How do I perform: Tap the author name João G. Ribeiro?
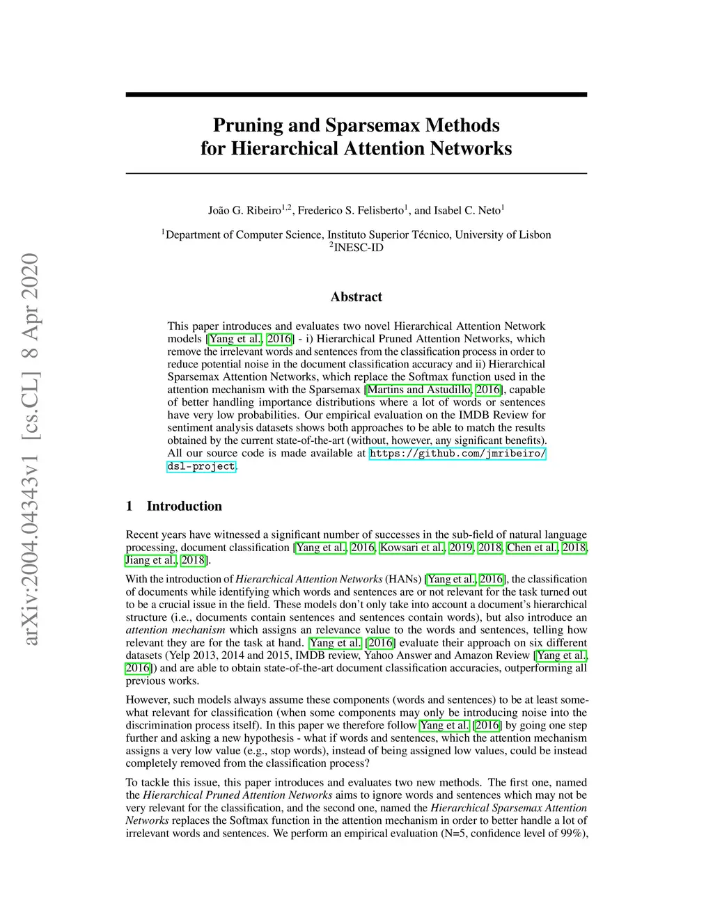click(244, 210)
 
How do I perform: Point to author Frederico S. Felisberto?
click(351, 210)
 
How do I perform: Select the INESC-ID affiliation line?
click(356, 247)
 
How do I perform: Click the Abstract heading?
click(356, 297)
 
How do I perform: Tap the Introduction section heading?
click(184, 506)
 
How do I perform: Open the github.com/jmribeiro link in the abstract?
click(457, 454)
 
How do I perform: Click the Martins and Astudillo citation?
click(419, 390)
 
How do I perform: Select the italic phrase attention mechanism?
click(175, 630)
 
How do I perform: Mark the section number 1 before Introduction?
click(130, 506)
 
